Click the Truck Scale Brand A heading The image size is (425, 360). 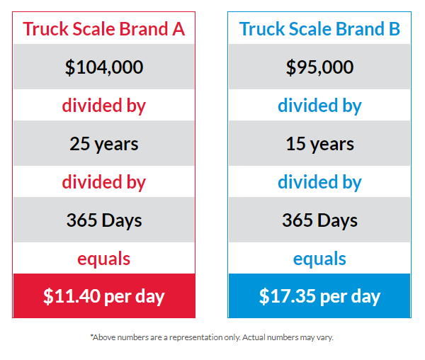pyautogui.click(x=104, y=29)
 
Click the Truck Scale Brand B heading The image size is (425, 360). pyautogui.click(x=319, y=29)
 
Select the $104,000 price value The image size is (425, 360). pyautogui.click(x=104, y=67)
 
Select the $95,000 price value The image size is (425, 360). pyautogui.click(x=320, y=67)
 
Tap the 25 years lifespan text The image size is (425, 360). pyautogui.click(x=104, y=144)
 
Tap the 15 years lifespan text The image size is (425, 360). pyautogui.click(x=320, y=144)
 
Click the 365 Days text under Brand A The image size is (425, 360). pyautogui.click(x=104, y=220)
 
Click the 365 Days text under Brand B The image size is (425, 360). pyautogui.click(x=320, y=220)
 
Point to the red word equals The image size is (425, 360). pyautogui.click(x=104, y=259)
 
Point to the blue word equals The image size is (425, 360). pyautogui.click(x=319, y=259)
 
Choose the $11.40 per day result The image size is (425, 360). pyautogui.click(x=104, y=296)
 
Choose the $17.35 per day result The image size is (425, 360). pyautogui.click(x=320, y=296)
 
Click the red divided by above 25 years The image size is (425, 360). pyautogui.click(x=104, y=106)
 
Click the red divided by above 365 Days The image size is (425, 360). pyautogui.click(x=104, y=182)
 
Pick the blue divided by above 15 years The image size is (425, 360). pyautogui.click(x=320, y=106)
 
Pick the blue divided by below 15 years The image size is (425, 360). pyautogui.click(x=320, y=182)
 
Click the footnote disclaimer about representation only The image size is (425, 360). pyautogui.click(x=212, y=337)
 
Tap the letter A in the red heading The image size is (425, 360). pyautogui.click(x=178, y=29)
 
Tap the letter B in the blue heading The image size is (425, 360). pyautogui.click(x=395, y=29)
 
